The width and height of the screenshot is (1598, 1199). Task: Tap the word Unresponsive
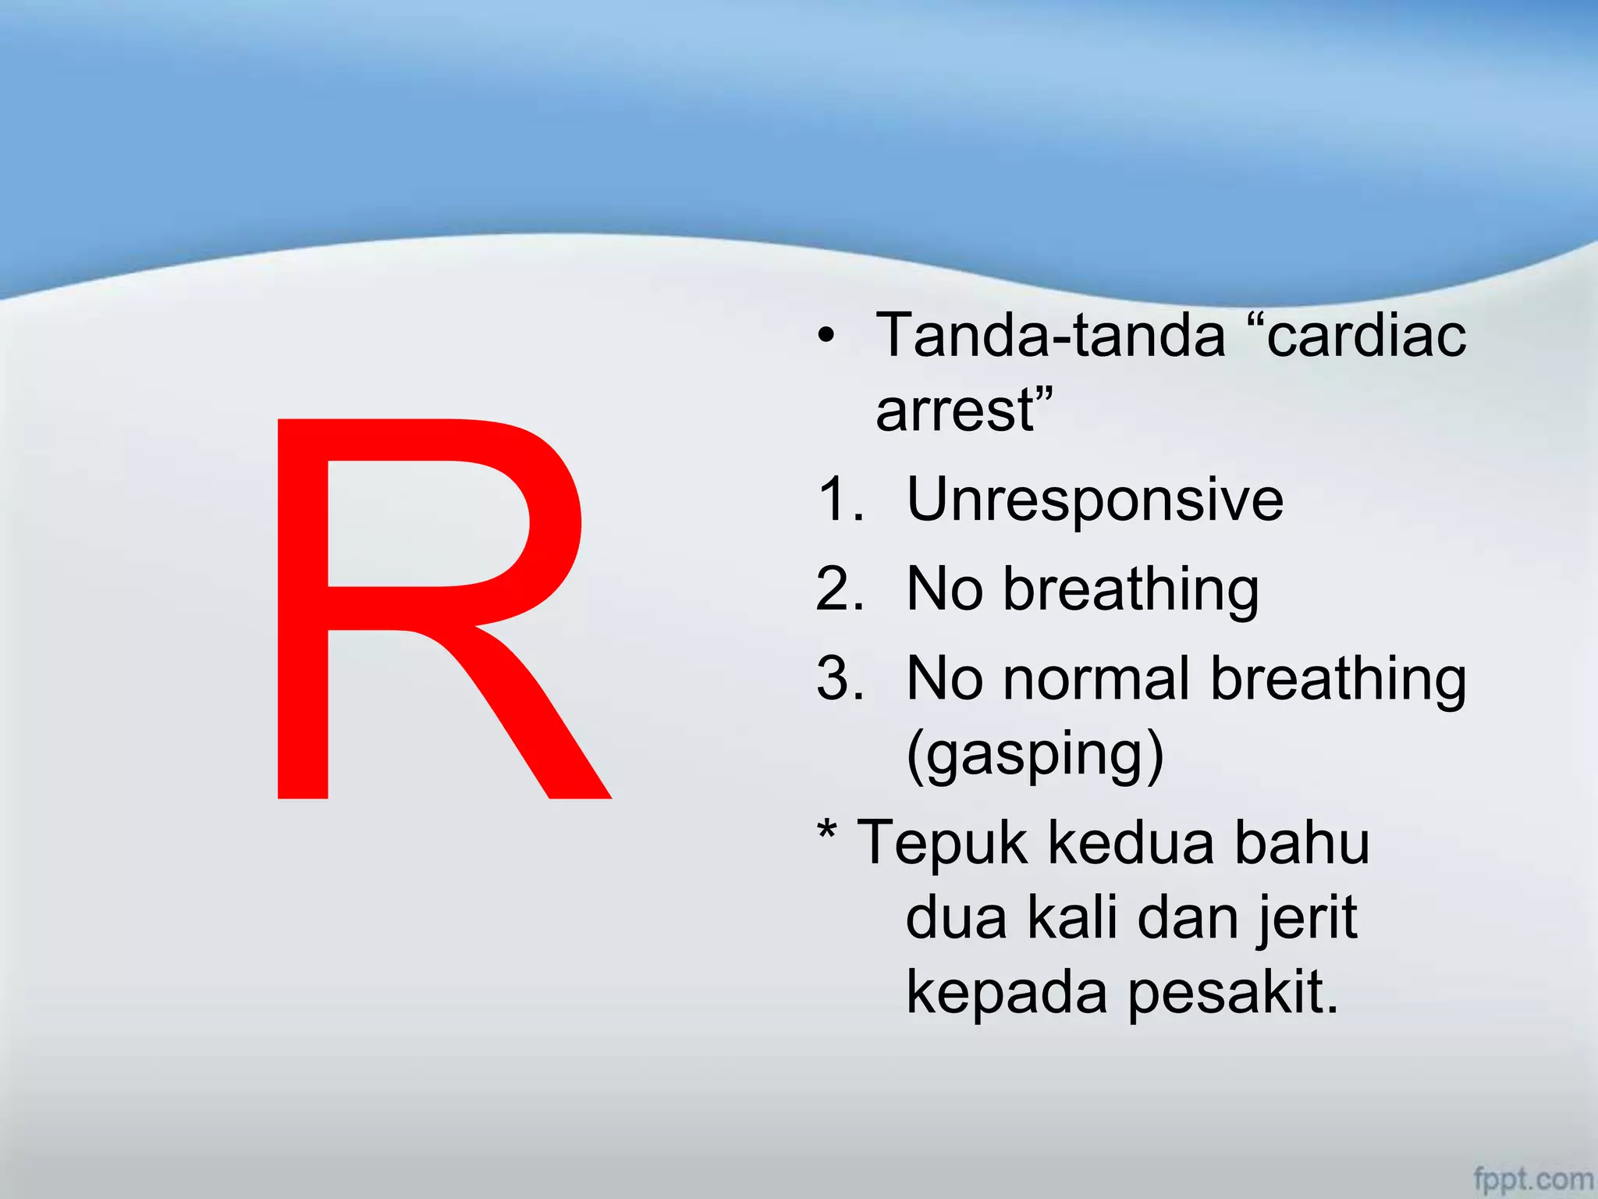[x=1095, y=500]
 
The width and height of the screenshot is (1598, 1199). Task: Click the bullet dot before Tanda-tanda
[x=826, y=336]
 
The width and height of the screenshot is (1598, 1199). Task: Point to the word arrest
[x=956, y=411]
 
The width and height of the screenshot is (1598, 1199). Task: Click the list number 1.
[x=840, y=500]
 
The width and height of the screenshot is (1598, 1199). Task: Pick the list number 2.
[x=840, y=589]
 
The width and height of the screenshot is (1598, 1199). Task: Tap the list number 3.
[x=840, y=678]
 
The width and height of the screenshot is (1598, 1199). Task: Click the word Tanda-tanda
[x=1050, y=336]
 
